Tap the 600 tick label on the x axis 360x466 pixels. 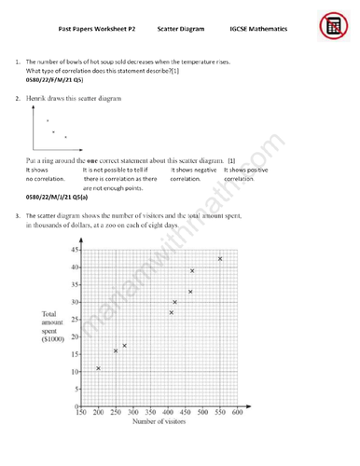237,412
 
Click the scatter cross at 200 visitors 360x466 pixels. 98,368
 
